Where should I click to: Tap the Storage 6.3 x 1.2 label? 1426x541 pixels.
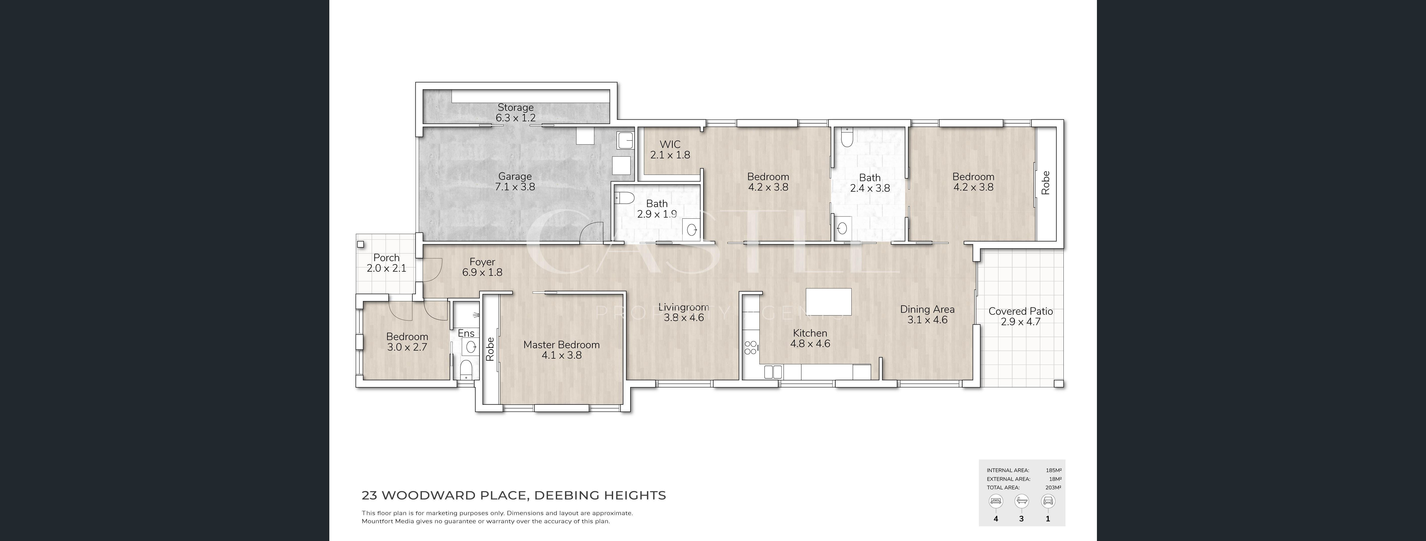515,112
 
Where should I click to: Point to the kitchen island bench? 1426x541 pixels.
829,301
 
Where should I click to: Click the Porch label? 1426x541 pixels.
386,263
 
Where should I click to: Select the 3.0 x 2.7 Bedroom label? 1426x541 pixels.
407,342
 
